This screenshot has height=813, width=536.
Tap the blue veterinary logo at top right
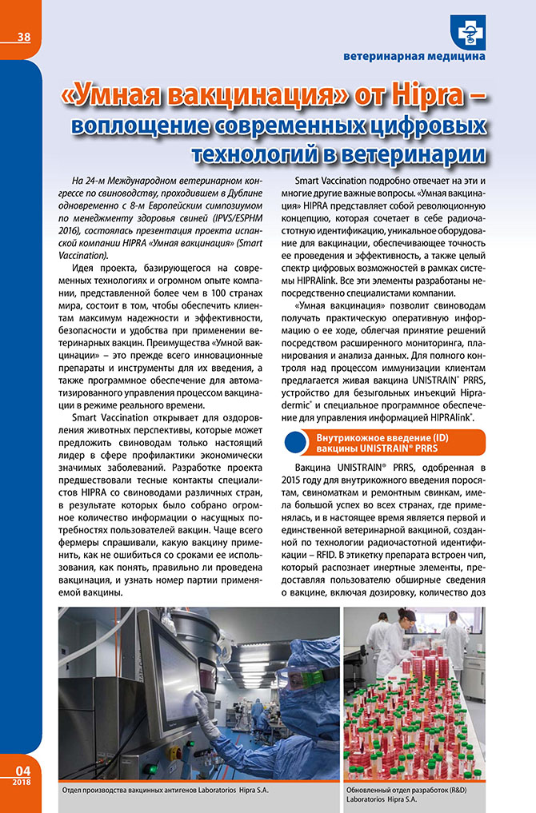(x=467, y=31)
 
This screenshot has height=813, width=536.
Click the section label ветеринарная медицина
(x=414, y=57)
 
